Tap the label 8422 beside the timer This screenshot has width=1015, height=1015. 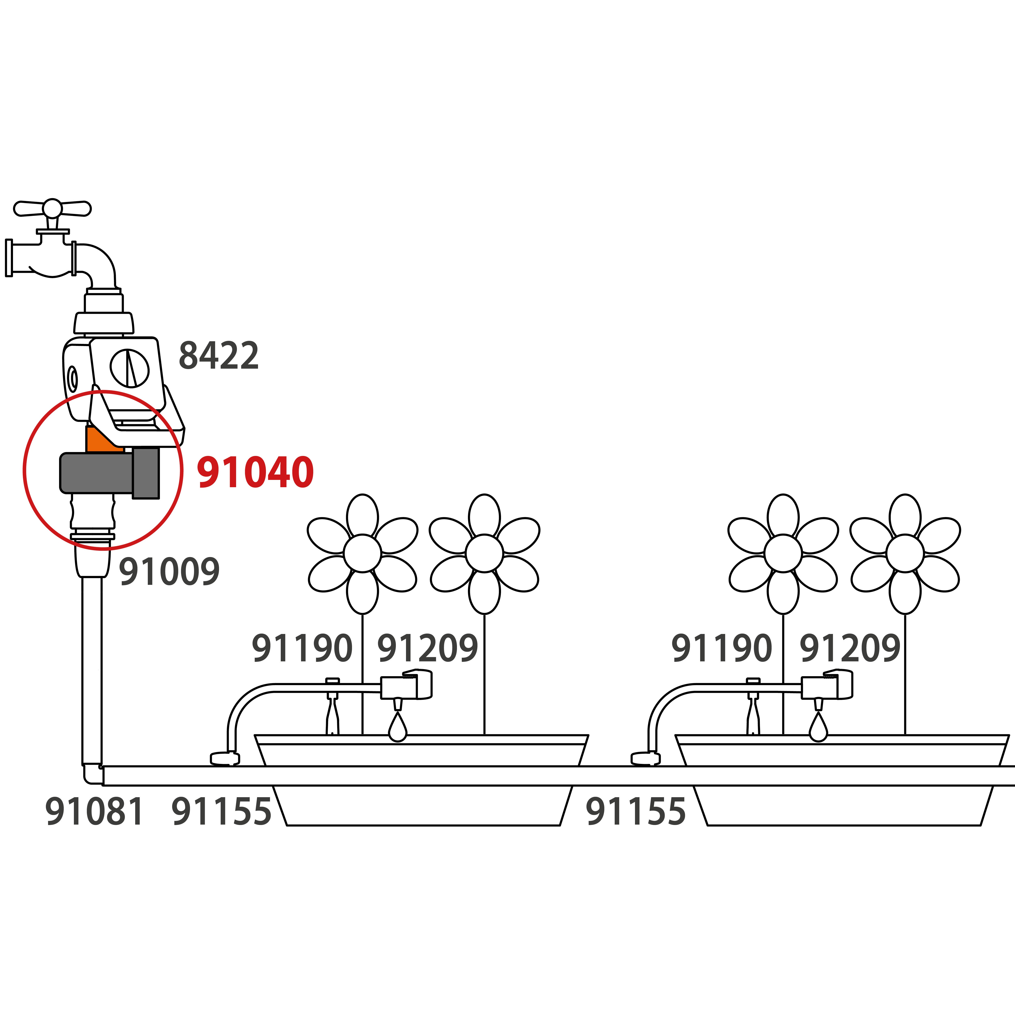(x=219, y=356)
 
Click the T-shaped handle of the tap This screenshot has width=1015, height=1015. (x=52, y=208)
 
